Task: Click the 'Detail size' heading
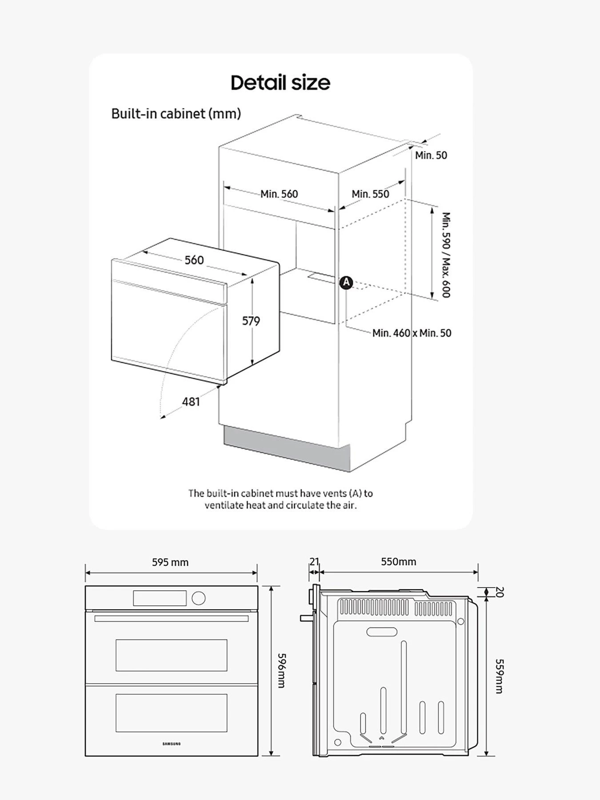click(280, 83)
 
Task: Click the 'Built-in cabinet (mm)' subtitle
click(176, 114)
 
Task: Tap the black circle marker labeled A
click(346, 282)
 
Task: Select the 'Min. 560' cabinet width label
click(279, 194)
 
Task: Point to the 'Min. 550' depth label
click(370, 194)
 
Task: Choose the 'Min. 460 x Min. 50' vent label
click(412, 333)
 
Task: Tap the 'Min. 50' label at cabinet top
click(431, 155)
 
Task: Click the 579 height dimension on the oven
click(251, 320)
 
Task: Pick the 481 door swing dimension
click(191, 401)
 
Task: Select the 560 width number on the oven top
click(194, 260)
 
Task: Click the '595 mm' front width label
click(170, 562)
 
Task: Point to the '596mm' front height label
click(281, 670)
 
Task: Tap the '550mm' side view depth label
click(398, 561)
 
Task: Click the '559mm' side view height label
click(499, 676)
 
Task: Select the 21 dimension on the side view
click(314, 561)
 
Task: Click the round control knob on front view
click(198, 598)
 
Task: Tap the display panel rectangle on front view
click(160, 598)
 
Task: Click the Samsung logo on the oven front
click(171, 744)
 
